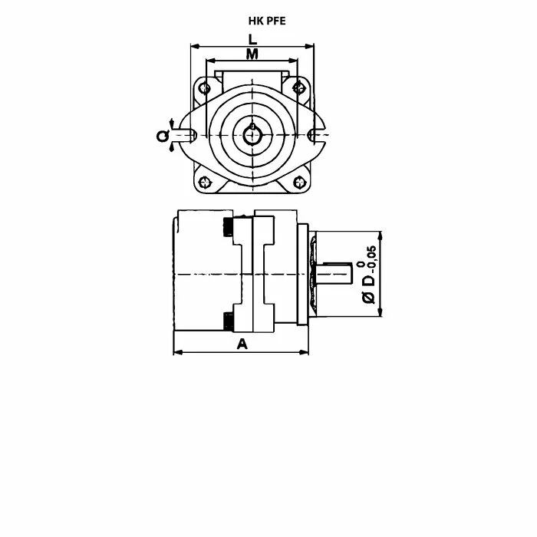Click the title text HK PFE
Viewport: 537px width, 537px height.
click(x=267, y=21)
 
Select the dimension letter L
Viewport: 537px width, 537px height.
click(x=252, y=39)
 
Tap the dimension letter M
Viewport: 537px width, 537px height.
click(x=252, y=54)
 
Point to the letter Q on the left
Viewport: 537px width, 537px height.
click(x=163, y=136)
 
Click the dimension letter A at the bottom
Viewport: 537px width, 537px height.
click(x=242, y=344)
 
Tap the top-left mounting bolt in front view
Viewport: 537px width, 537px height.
click(x=205, y=88)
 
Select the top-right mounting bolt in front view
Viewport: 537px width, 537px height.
click(x=299, y=87)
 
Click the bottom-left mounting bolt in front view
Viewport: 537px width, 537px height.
click(x=205, y=182)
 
